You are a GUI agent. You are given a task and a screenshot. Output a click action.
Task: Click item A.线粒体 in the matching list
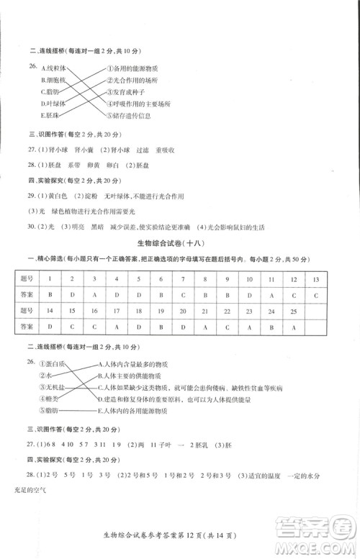click(x=55, y=68)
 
